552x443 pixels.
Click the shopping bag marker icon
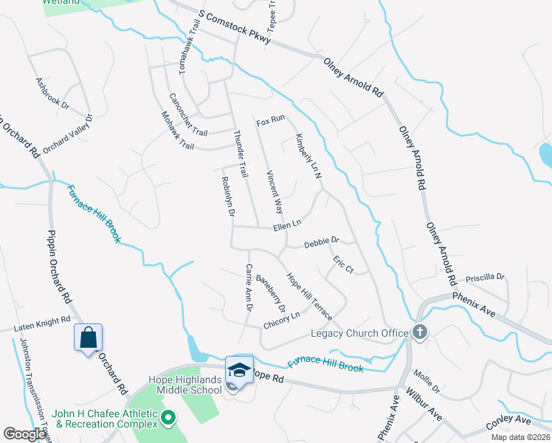[88, 337]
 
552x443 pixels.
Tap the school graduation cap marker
[239, 369]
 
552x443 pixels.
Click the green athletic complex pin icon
[168, 419]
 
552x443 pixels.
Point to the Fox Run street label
[270, 120]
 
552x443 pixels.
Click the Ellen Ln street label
[287, 224]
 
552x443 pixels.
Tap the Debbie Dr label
[321, 241]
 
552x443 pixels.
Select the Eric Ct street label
[343, 265]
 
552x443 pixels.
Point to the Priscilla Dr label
[485, 278]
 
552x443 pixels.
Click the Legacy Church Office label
[359, 333]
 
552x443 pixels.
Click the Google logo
[24, 434]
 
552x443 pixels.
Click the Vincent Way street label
[274, 190]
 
